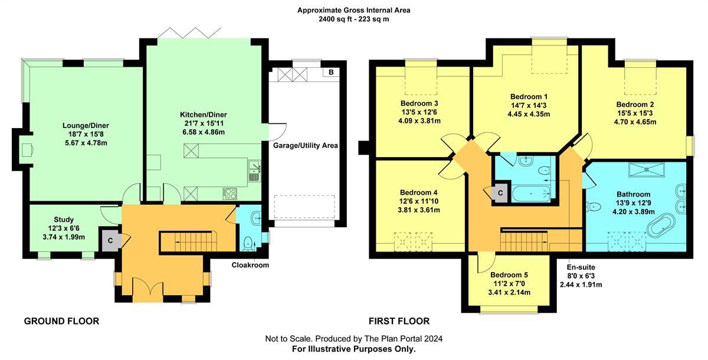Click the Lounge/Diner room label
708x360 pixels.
tap(86, 126)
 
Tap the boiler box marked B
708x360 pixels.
tap(331, 72)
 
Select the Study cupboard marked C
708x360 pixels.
tap(110, 241)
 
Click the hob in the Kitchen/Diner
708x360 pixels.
tap(230, 194)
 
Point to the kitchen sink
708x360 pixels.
tap(254, 171)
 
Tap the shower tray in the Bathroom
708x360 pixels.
tap(647, 170)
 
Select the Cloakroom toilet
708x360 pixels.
tap(249, 244)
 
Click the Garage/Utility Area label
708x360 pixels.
tap(306, 146)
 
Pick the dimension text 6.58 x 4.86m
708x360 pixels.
tap(204, 132)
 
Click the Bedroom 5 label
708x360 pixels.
tap(509, 275)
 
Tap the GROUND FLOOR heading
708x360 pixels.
tap(61, 321)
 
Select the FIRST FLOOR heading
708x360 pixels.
tap(399, 321)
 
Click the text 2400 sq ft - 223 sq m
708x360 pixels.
tap(353, 19)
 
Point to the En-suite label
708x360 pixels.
tap(581, 267)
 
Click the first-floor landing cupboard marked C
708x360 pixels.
tap(500, 193)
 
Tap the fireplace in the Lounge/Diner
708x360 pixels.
tap(25, 149)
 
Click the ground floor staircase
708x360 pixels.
tap(188, 241)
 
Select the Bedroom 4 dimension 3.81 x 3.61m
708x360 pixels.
tap(419, 210)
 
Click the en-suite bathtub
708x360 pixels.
tap(531, 194)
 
